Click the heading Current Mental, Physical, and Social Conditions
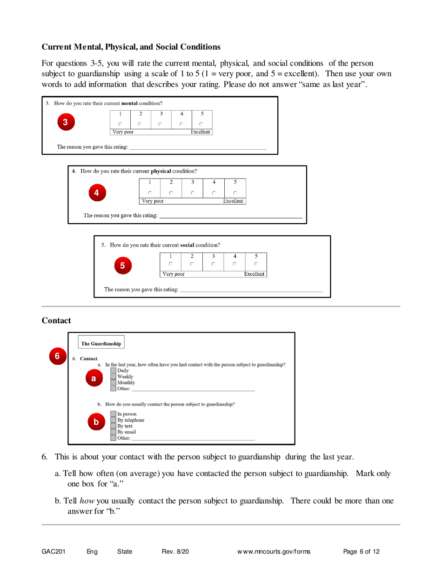[x=131, y=47]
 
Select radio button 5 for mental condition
[x=201, y=124]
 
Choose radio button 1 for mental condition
[x=120, y=124]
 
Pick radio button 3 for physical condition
[x=193, y=193]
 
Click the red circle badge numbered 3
[x=66, y=123]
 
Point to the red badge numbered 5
[x=122, y=266]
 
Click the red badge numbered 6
[x=56, y=356]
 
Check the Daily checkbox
[x=114, y=370]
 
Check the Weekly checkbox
[x=114, y=376]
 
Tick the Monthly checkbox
[x=114, y=383]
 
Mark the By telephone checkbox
[x=114, y=420]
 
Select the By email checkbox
[x=114, y=432]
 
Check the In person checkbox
[x=114, y=414]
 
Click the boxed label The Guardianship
[x=101, y=344]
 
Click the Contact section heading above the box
[x=56, y=320]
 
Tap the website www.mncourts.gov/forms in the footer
[x=274, y=552]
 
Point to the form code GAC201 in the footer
[x=54, y=552]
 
